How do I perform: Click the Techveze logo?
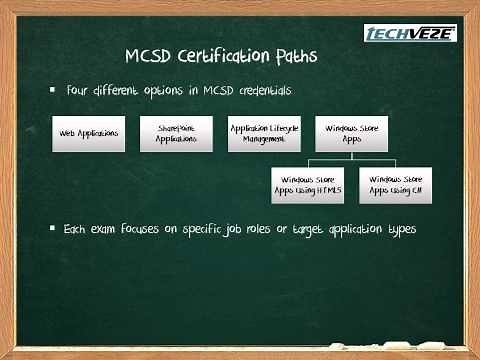click(410, 33)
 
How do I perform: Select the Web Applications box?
click(88, 134)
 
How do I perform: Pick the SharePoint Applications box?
click(177, 134)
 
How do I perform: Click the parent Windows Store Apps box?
click(351, 134)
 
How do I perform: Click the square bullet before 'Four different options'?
click(53, 90)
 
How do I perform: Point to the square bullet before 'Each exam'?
click(53, 228)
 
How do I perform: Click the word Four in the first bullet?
click(80, 90)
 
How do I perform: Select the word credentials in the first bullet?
click(262, 90)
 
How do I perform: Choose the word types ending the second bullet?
click(399, 229)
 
